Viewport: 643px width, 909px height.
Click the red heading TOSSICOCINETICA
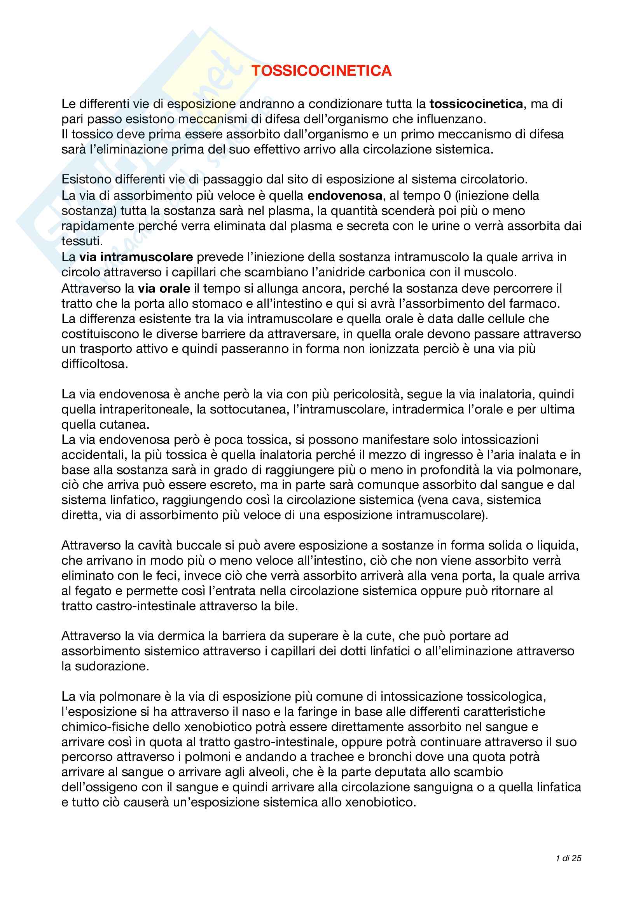321,71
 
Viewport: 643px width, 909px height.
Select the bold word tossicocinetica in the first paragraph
476,104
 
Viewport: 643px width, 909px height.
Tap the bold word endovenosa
345,195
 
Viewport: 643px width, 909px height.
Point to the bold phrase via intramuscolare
136,257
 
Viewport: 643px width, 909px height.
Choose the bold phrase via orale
164,288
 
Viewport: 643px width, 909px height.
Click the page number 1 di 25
569,858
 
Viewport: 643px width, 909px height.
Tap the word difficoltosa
94,364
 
